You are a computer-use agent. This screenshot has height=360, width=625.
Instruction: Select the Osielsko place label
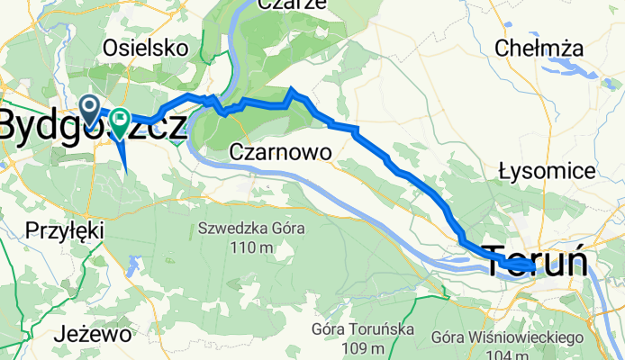(144, 47)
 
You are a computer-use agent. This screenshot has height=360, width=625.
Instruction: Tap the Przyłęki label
(64, 228)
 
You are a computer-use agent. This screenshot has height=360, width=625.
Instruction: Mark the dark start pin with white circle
(91, 109)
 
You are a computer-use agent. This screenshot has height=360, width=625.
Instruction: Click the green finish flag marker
(119, 120)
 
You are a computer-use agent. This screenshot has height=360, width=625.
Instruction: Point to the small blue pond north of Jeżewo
(133, 265)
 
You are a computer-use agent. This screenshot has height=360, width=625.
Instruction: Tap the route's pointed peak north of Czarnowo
(291, 89)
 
